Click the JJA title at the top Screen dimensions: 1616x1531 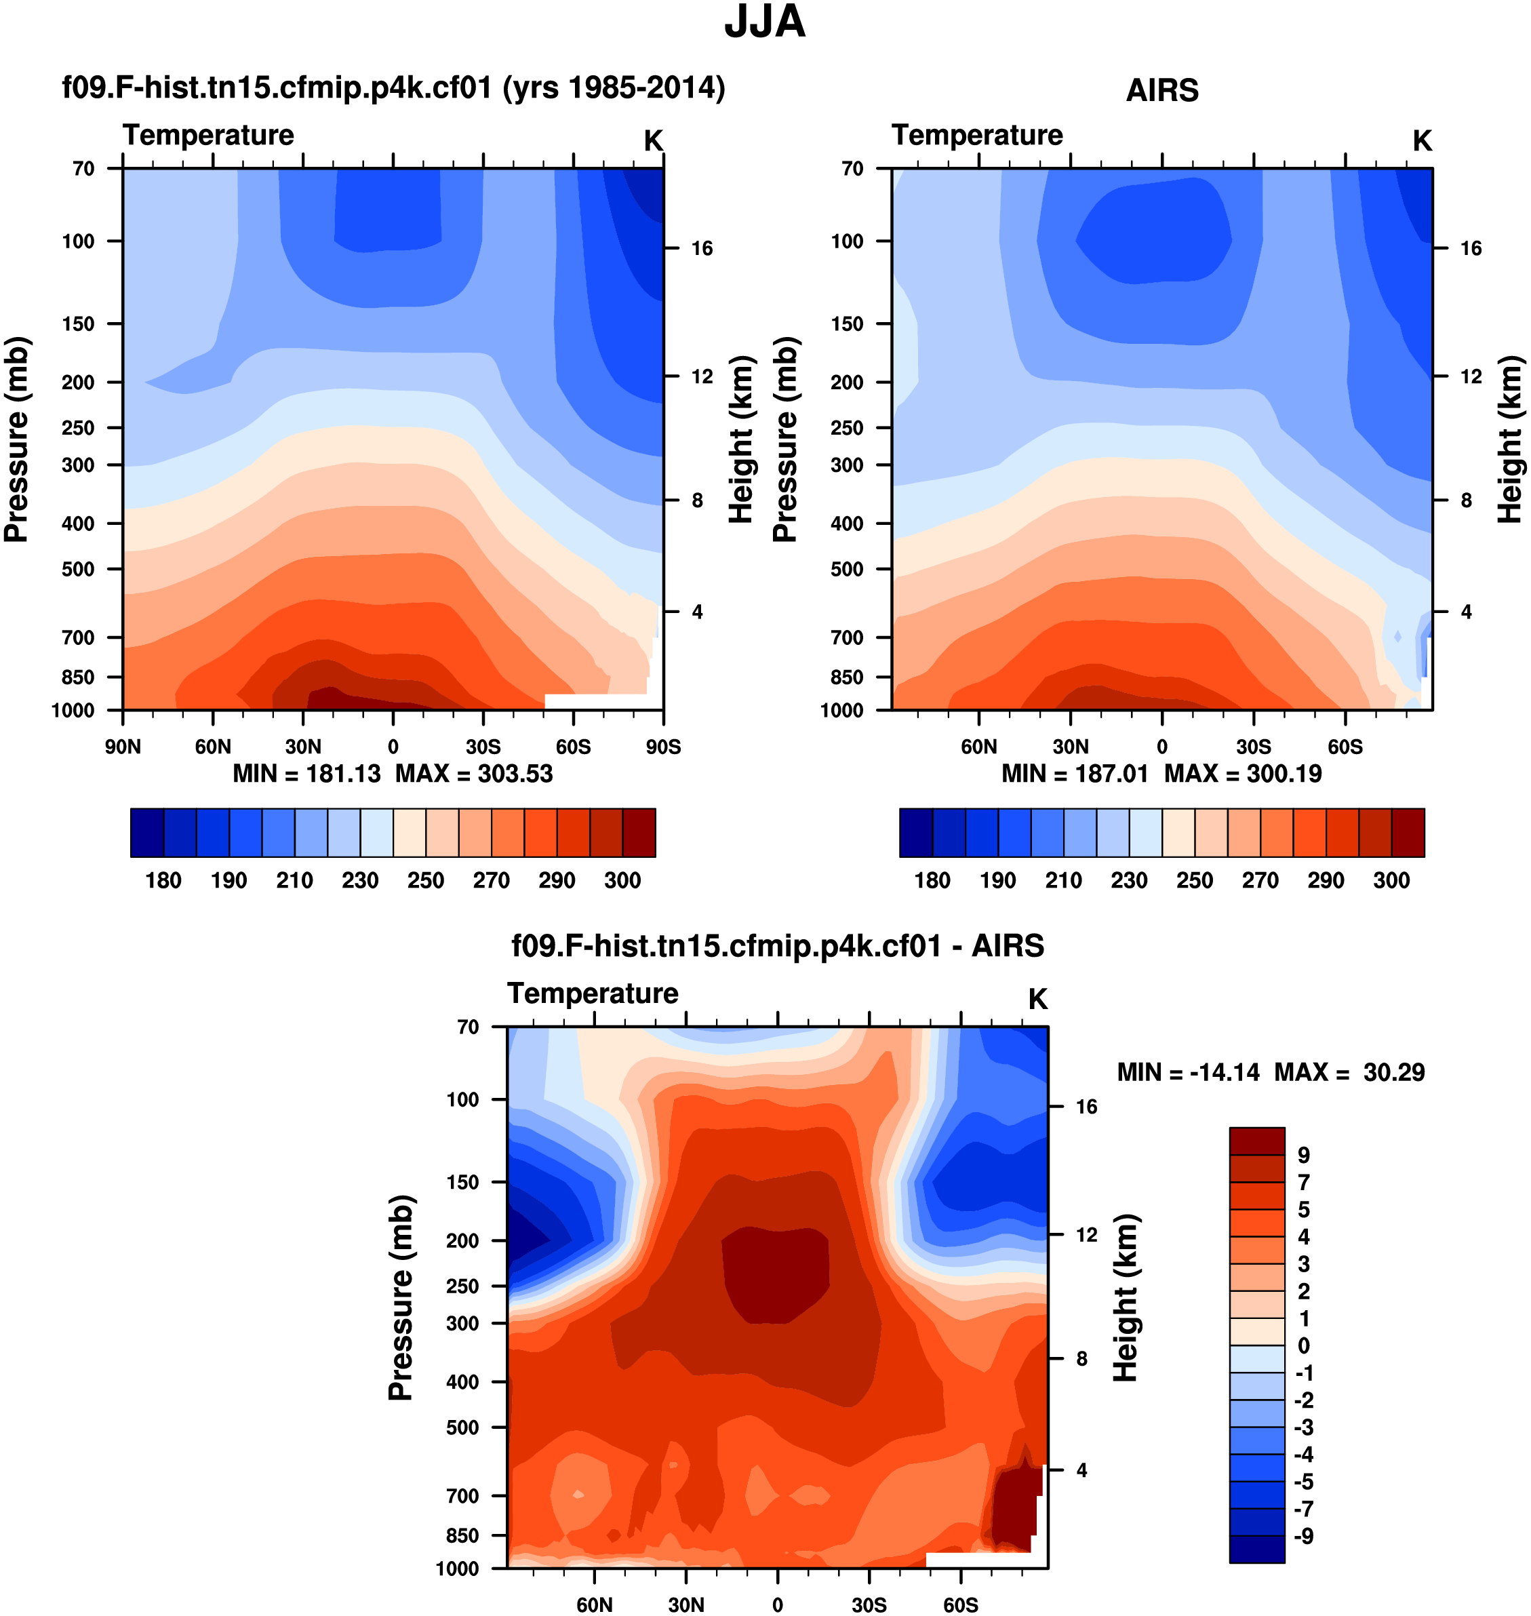765,22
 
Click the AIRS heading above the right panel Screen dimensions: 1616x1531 1162,90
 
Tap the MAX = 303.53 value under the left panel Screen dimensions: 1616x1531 474,774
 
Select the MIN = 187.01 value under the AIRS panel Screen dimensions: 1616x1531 1074,774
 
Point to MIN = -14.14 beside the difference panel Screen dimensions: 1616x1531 1187,1071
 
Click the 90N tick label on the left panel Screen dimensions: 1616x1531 123,747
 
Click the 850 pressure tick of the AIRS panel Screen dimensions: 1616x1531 846,677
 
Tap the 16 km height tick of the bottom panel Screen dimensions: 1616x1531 1086,1107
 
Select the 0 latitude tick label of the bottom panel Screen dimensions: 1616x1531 778,1604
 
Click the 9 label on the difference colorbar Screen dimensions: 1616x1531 1303,1155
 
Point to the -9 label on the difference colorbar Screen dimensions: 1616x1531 1303,1536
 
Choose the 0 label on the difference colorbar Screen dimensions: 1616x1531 1303,1346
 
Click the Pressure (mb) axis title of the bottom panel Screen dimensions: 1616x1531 401,1298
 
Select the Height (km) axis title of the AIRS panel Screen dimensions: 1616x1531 1510,439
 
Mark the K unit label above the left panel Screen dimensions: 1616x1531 653,141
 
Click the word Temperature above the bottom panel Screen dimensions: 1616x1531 593,993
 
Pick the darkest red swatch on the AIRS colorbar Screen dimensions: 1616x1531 1408,833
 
